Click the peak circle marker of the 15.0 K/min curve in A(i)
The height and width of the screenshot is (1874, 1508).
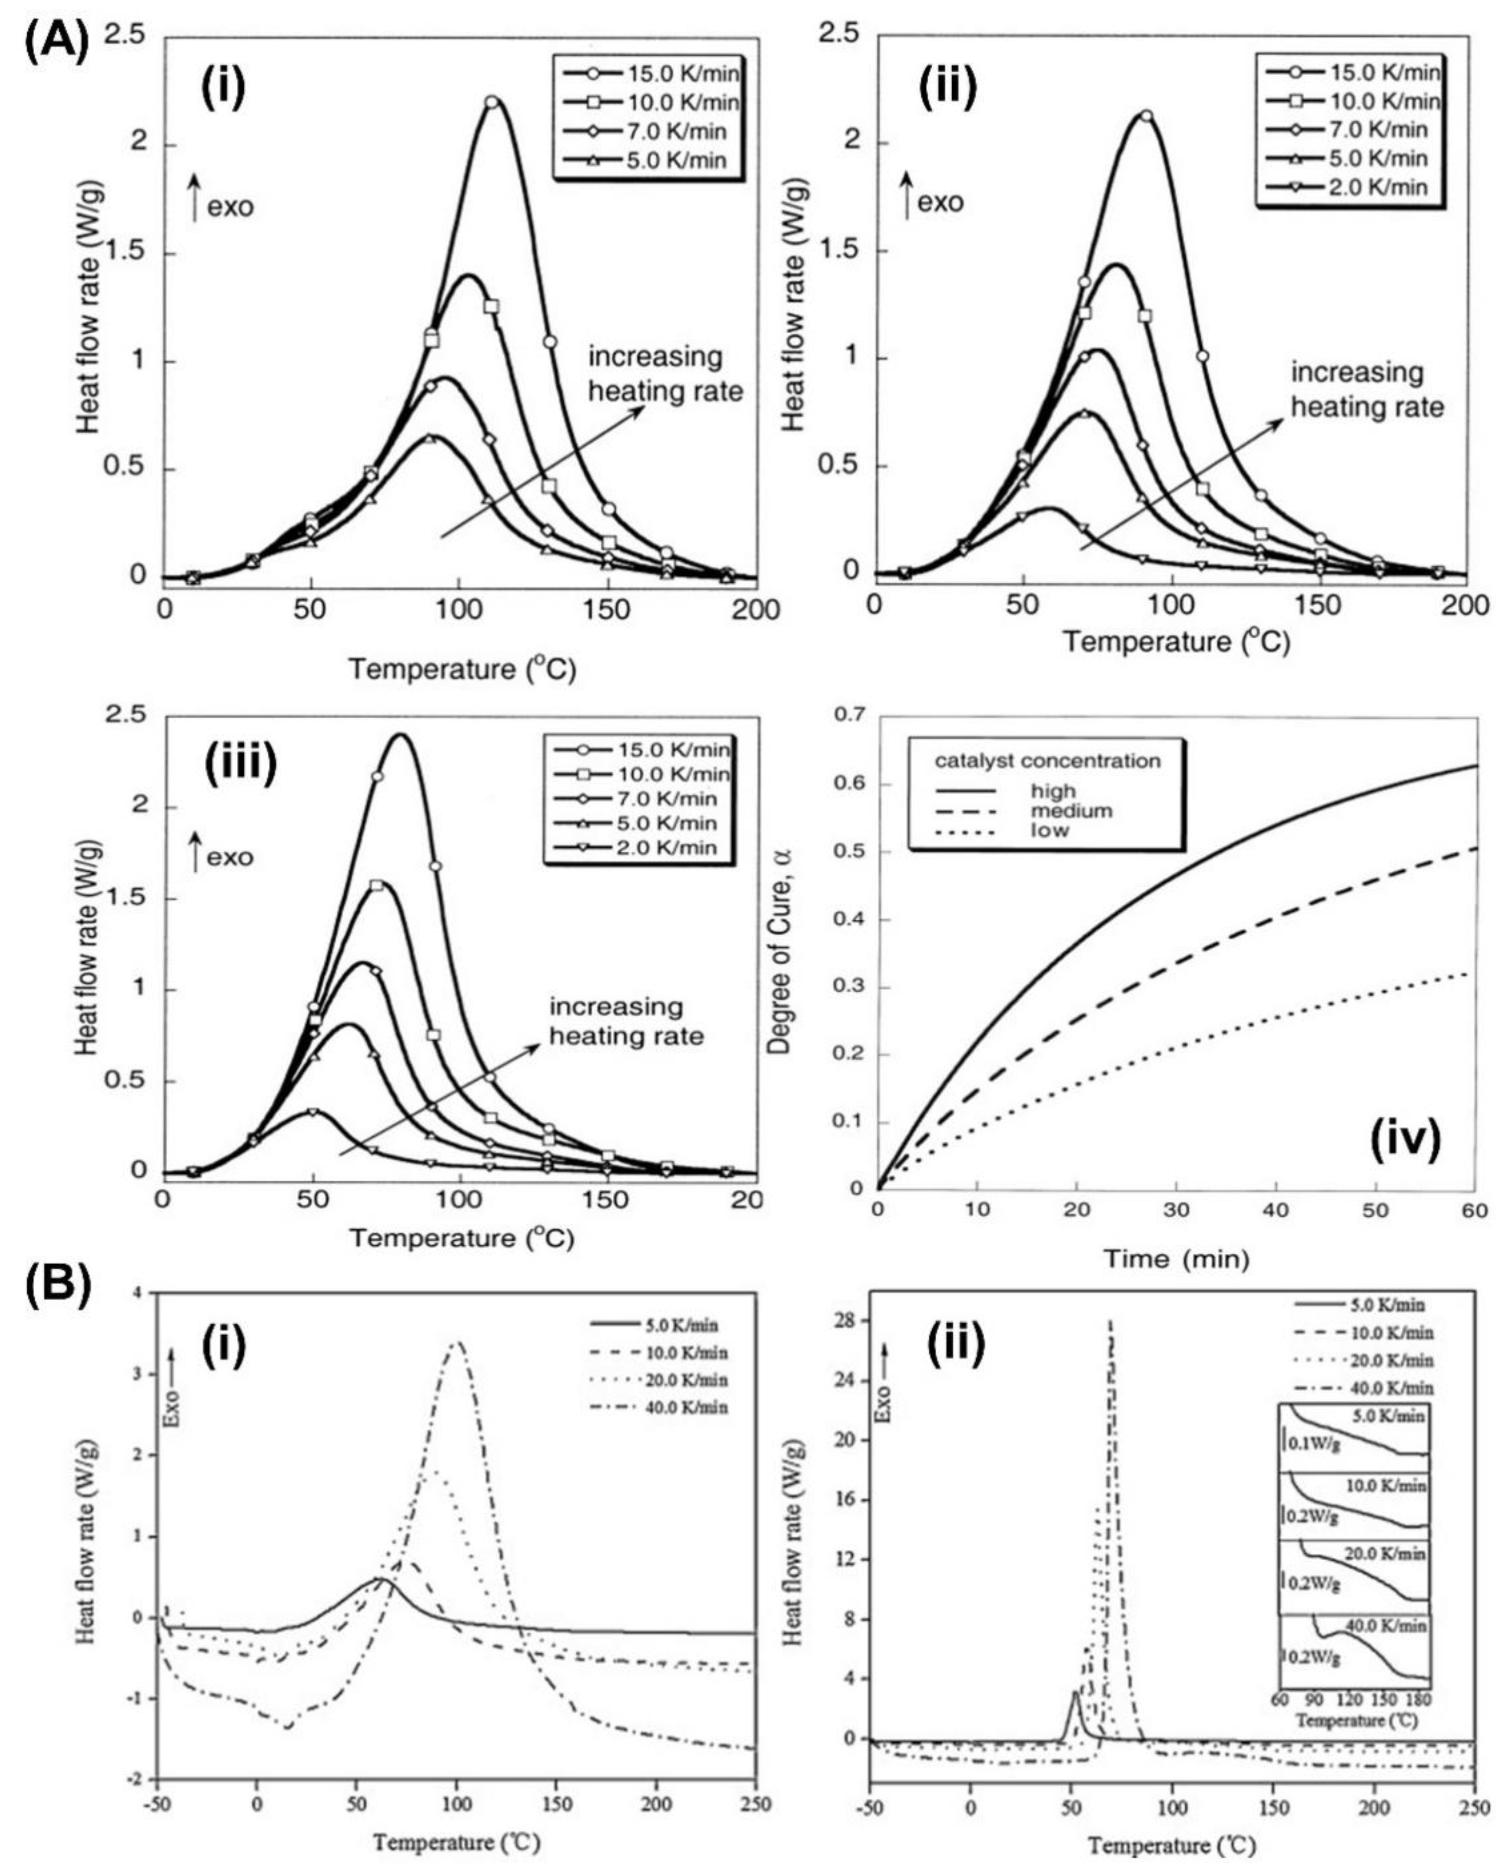[492, 102]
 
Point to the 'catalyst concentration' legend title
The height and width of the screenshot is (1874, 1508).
[1047, 761]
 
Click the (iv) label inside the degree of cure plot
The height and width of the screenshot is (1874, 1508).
[1406, 1140]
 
